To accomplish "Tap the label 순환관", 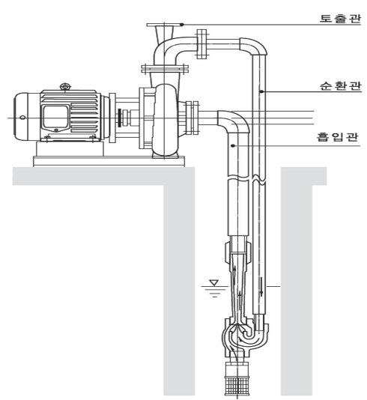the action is pos(341,85).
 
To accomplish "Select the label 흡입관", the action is pos(338,137).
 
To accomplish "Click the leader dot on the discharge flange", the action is pos(182,25).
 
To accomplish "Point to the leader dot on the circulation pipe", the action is pos(261,91).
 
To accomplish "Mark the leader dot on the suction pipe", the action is pos(233,145).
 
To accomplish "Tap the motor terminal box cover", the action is pos(55,117).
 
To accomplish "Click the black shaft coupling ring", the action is pos(119,118).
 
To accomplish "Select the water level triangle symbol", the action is pos(213,282).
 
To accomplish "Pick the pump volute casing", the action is pos(165,120).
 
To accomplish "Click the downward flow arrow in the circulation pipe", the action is pos(261,287).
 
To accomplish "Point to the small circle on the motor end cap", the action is pos(22,118).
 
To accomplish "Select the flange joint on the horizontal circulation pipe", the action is pos(201,43).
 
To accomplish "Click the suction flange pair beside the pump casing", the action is pos(192,118).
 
